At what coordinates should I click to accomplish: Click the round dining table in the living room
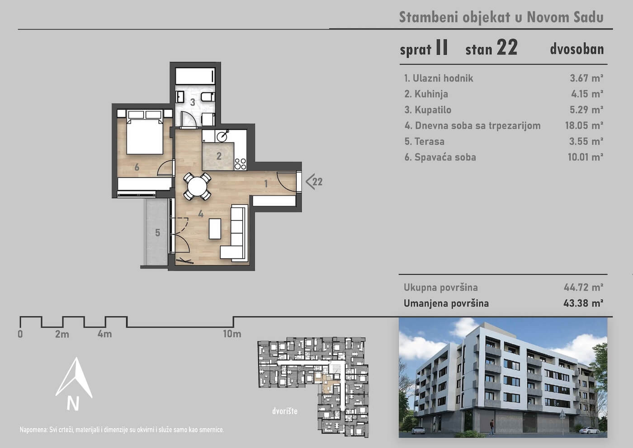197,186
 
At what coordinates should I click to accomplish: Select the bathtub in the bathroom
195,76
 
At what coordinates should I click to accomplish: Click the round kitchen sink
222,136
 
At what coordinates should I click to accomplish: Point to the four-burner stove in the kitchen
240,164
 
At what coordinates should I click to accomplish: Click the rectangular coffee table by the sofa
215,229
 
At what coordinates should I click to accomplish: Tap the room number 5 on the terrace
157,233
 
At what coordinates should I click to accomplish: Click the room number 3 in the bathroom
193,102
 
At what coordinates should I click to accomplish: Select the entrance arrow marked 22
314,182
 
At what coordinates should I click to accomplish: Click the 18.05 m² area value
584,125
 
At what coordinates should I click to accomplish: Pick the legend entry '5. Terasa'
424,141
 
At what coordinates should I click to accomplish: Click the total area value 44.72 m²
583,287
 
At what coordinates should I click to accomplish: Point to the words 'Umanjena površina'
446,303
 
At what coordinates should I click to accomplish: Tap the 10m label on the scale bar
232,334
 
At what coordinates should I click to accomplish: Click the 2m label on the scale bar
62,334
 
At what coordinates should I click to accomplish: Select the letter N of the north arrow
73,404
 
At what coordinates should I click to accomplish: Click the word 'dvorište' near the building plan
285,411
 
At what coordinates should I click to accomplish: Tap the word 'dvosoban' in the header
577,49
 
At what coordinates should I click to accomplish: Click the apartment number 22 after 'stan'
507,47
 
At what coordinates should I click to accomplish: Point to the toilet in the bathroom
208,97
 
